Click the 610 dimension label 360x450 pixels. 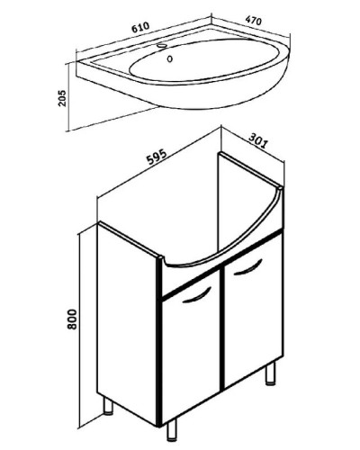point(140,27)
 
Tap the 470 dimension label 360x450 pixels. point(254,21)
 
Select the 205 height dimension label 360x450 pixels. point(62,98)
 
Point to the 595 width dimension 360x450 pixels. point(157,157)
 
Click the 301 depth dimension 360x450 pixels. point(257,140)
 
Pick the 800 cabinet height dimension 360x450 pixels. point(72,319)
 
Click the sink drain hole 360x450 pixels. point(170,58)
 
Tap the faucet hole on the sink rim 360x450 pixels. point(162,46)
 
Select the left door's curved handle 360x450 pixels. point(197,295)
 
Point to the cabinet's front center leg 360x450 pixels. point(172,429)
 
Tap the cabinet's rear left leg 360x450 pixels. point(108,406)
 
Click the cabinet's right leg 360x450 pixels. point(270,373)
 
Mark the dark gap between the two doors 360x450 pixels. point(222,328)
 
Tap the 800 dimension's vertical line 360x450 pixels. point(79,330)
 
